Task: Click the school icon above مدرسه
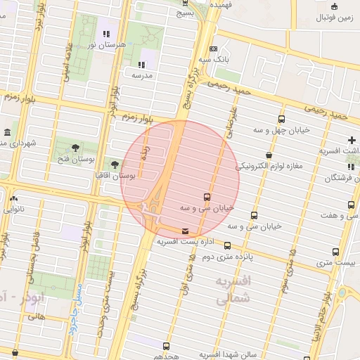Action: pyautogui.click(x=143, y=64)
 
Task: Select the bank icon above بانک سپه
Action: pyautogui.click(x=213, y=49)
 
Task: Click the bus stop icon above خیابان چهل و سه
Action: pyautogui.click(x=282, y=120)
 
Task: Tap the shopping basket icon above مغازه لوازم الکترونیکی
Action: pyautogui.click(x=269, y=155)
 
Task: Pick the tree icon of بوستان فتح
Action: pyautogui.click(x=75, y=147)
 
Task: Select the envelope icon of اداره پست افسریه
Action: pyautogui.click(x=185, y=231)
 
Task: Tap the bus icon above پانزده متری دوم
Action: pyautogui.click(x=227, y=245)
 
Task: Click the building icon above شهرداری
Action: pyautogui.click(x=7, y=132)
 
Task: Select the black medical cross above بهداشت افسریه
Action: pyautogui.click(x=352, y=140)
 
